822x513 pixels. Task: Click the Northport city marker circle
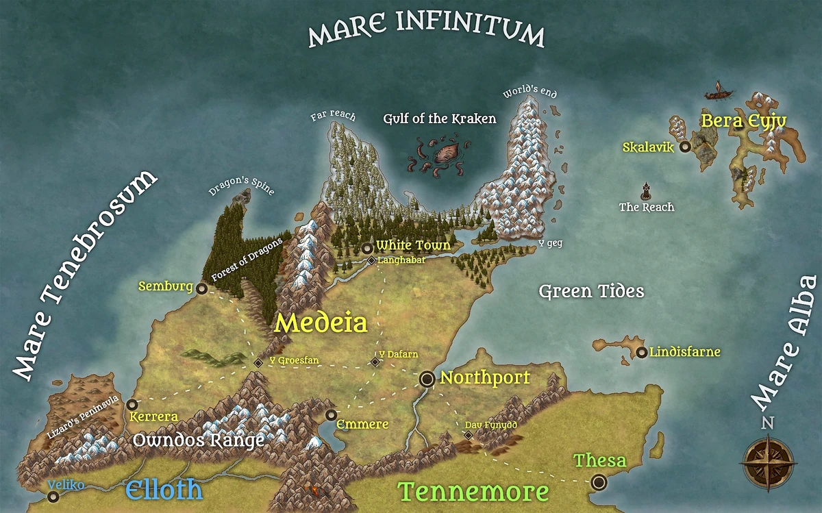(427, 378)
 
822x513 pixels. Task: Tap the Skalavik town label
(649, 147)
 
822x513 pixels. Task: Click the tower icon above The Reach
(646, 190)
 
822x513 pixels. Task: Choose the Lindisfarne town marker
(641, 353)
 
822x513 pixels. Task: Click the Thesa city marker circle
(599, 482)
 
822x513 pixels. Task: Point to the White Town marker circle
(367, 248)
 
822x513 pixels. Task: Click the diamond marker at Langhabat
(371, 261)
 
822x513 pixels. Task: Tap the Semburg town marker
(201, 289)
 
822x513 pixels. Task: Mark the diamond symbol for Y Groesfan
(258, 362)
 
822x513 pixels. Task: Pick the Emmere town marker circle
(332, 415)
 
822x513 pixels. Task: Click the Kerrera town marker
(132, 405)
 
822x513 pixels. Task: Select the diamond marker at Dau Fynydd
(468, 434)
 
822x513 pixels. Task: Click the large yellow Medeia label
(321, 323)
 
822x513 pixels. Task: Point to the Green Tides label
(591, 292)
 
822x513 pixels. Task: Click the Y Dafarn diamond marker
(375, 362)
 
